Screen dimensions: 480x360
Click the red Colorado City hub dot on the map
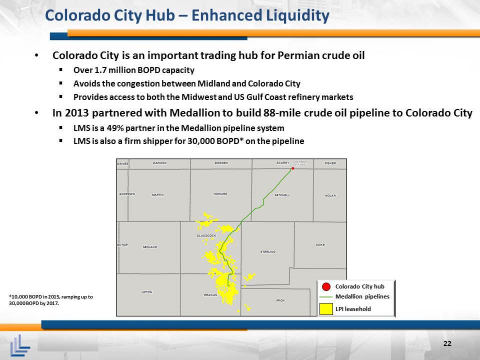(x=293, y=168)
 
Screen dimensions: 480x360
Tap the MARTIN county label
(x=158, y=194)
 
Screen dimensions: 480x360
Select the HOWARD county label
(x=220, y=194)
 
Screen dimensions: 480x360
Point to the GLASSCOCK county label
(x=206, y=235)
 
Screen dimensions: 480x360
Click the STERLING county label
(x=268, y=251)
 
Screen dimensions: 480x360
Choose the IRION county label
(x=280, y=300)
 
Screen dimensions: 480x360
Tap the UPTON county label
(x=147, y=292)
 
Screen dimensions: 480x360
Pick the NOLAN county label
(x=330, y=195)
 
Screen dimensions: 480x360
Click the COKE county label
(x=320, y=245)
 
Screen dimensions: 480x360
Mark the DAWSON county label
(x=160, y=163)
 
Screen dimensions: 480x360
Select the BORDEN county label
(x=221, y=163)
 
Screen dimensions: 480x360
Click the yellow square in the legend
(x=326, y=309)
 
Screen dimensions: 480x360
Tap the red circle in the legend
(x=326, y=287)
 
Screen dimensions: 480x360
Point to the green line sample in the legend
(x=325, y=297)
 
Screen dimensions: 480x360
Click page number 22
(x=447, y=343)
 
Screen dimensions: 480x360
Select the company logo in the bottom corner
(x=20, y=345)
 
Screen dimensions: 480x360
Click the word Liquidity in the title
(x=297, y=16)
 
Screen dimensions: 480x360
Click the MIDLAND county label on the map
(x=150, y=246)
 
